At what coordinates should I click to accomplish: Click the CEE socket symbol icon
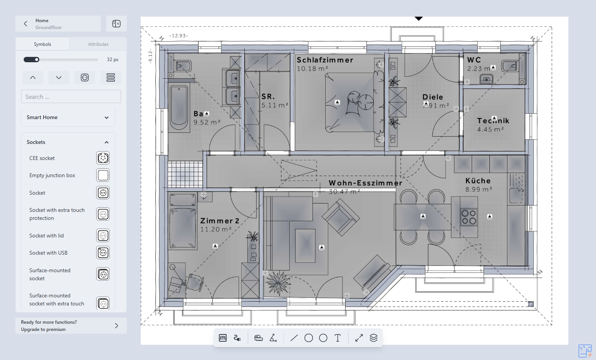pos(103,158)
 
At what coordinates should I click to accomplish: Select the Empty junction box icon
pos(103,175)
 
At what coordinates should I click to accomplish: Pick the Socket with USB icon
pos(103,253)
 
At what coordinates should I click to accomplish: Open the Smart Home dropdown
pos(107,118)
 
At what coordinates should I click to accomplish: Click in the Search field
pos(71,97)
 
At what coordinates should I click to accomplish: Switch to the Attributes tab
pos(98,44)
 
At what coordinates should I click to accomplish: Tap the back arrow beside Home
pos(26,24)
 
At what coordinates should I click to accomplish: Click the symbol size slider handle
pos(37,60)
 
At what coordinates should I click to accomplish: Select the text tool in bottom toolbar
pos(338,338)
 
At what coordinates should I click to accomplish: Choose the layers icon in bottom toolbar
pos(373,338)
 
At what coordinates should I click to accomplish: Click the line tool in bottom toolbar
pos(294,338)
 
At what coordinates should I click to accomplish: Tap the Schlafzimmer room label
pos(325,60)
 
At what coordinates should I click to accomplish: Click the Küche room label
pos(478,181)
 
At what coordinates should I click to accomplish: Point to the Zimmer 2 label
pos(220,221)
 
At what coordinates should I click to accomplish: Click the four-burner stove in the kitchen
pos(468,217)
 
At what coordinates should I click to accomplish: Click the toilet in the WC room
pos(486,79)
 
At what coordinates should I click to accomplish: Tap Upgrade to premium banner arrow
pos(116,326)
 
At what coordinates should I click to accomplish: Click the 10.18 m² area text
pos(312,69)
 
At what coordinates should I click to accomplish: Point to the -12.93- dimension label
pos(179,36)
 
